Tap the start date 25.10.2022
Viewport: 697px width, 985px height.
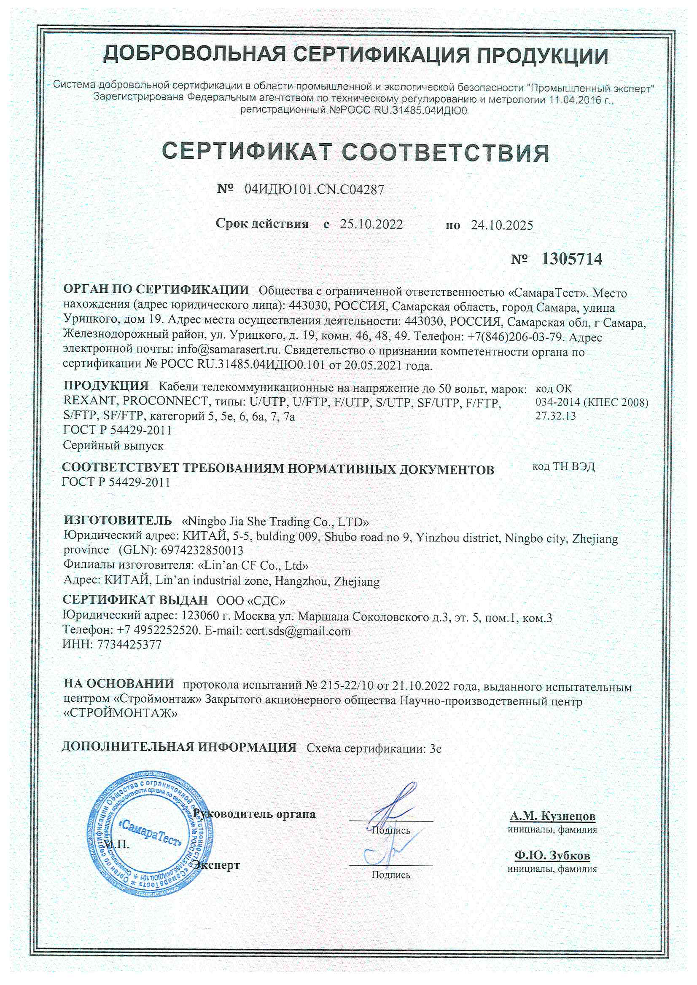click(x=371, y=224)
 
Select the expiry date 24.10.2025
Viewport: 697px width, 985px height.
click(x=502, y=225)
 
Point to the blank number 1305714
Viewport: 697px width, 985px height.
click(x=572, y=259)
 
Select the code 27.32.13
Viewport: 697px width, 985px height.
click(x=555, y=416)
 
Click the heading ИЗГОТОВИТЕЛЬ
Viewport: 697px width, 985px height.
click(x=118, y=520)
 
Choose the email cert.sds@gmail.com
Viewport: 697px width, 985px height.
click(x=298, y=631)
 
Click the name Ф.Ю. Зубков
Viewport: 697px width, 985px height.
click(x=552, y=855)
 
